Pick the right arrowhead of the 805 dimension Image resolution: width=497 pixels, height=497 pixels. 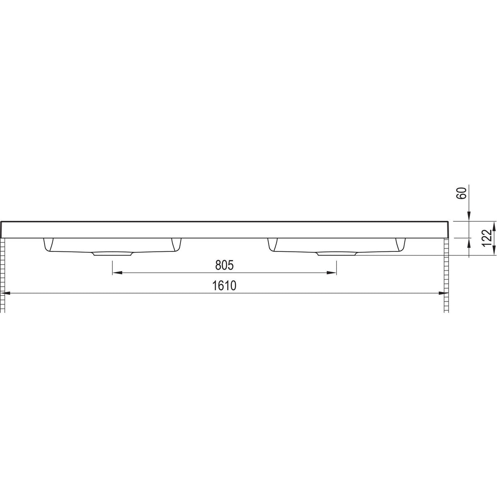coord(332,273)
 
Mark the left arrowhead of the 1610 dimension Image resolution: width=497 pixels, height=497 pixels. coord(6,293)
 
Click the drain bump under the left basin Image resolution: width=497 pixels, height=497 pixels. coord(113,254)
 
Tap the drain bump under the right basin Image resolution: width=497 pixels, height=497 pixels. coord(336,254)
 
